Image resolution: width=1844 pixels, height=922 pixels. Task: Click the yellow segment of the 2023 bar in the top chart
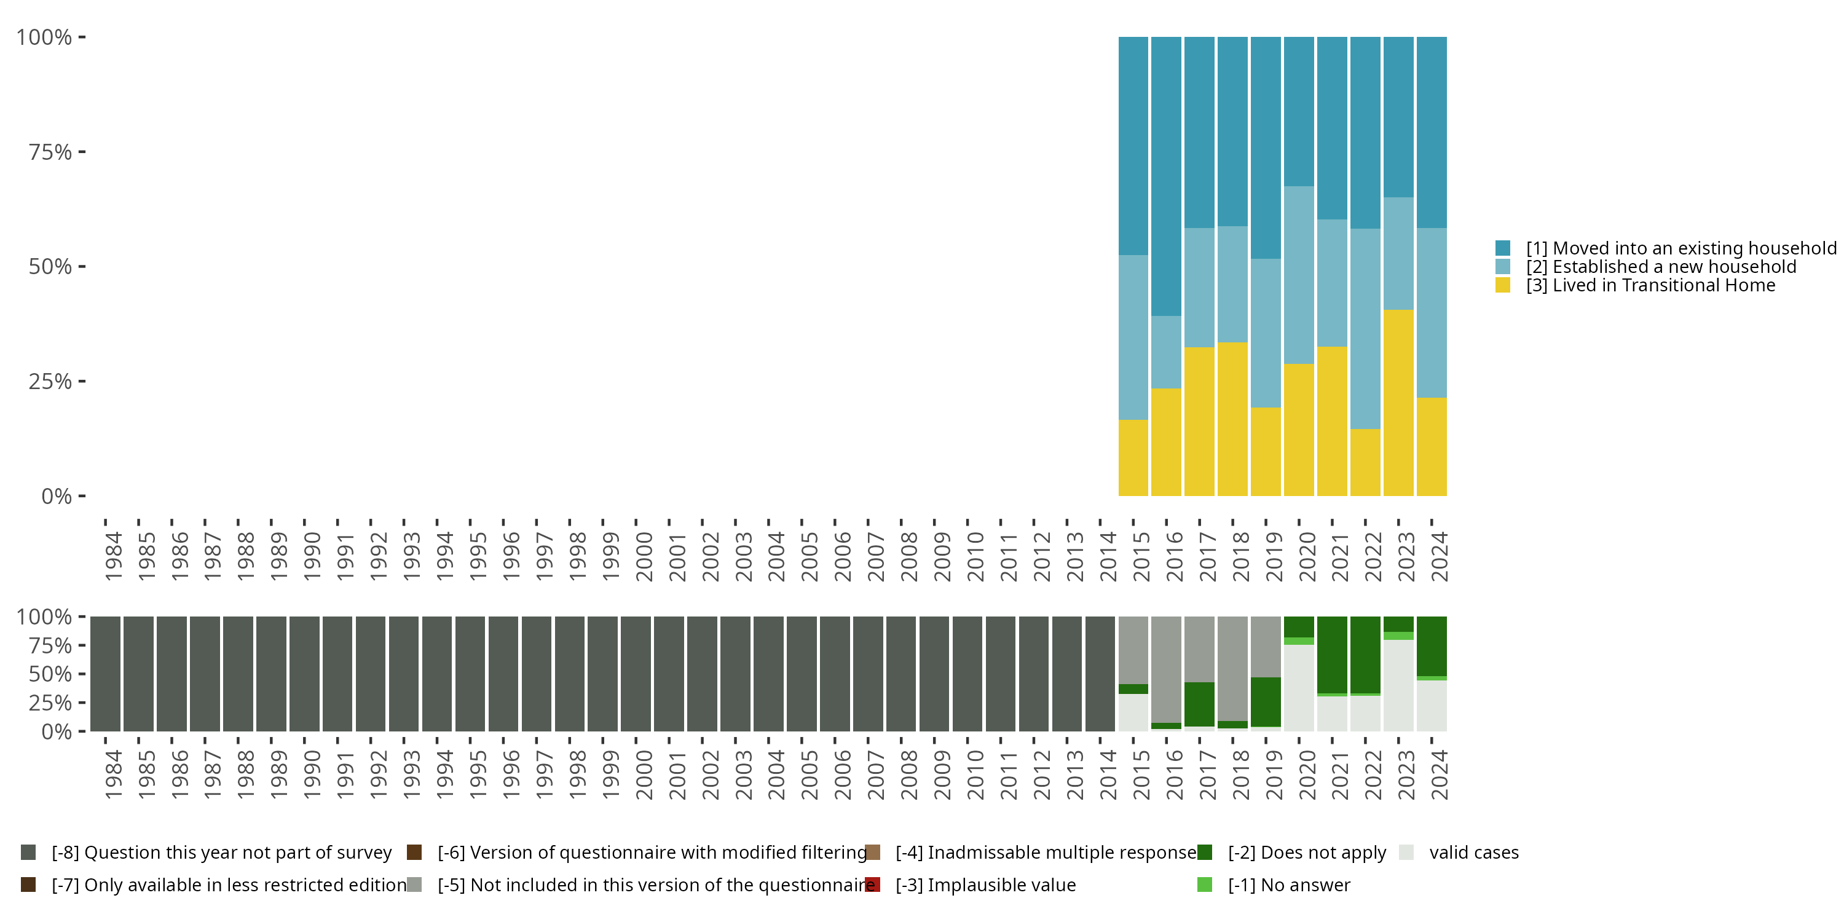pos(1398,403)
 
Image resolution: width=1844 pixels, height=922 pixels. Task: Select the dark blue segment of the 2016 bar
pos(1166,175)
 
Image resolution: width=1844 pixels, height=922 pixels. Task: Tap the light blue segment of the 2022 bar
pos(1365,329)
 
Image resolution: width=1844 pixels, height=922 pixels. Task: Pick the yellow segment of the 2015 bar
pos(1133,457)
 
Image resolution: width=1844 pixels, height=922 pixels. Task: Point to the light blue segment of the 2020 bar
pos(1299,275)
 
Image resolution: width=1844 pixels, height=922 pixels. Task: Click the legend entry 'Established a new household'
pos(1661,267)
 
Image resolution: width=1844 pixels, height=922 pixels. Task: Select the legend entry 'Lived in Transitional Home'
pos(1651,286)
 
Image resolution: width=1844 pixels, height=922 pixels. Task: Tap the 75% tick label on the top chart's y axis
pos(50,152)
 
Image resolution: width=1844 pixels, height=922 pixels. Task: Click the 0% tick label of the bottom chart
pos(57,731)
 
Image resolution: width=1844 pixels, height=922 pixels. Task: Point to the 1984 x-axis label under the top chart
pos(113,556)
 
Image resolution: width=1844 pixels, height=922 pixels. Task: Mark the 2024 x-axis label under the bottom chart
pos(1439,774)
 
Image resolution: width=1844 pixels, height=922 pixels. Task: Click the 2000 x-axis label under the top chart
pos(644,556)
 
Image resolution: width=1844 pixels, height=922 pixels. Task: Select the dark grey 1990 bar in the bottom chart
pos(304,674)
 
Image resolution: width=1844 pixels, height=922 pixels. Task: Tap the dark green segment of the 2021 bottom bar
pos(1332,654)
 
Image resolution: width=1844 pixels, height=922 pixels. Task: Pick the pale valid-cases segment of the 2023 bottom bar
pos(1398,685)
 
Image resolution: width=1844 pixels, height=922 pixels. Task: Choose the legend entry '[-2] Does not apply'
pos(1306,853)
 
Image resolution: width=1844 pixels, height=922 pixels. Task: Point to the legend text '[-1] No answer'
pos(1288,885)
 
